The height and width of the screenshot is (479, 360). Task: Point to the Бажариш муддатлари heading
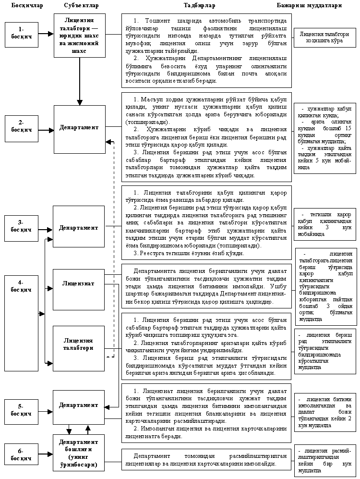(316, 6)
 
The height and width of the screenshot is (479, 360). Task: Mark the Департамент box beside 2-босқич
(79, 127)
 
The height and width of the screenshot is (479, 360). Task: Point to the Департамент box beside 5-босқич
(79, 405)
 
